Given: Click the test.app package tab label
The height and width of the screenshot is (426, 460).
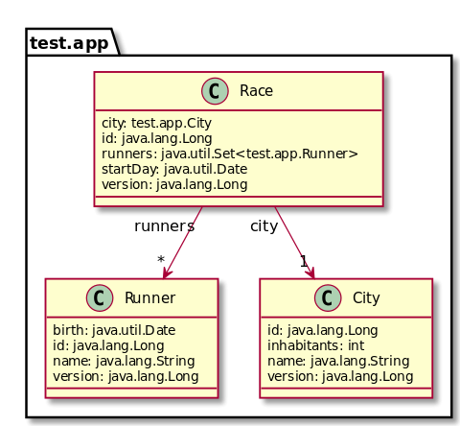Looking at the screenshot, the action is [69, 43].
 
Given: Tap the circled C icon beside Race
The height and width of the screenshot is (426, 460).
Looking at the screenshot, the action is [215, 91].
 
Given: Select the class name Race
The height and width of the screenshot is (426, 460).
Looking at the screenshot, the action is [256, 91].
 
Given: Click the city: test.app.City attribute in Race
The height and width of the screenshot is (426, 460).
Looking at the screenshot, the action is [156, 123].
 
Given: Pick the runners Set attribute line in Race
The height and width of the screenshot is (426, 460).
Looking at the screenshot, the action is [230, 154].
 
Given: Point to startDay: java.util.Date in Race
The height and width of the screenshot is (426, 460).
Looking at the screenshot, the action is [174, 169].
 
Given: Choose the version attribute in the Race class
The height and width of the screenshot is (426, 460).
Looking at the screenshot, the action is [174, 184].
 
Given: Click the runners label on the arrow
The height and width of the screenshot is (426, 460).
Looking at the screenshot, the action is [164, 226].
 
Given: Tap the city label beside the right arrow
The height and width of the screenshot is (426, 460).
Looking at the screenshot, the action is [264, 226].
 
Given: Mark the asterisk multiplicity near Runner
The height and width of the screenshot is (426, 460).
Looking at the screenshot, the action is [161, 259].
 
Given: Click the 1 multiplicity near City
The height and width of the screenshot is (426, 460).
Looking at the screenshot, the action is [304, 261].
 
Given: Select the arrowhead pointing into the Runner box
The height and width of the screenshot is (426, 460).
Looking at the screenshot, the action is [167, 272].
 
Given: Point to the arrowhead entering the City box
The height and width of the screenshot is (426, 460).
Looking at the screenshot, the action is [310, 272].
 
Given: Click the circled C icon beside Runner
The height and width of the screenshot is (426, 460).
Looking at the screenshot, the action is [100, 297].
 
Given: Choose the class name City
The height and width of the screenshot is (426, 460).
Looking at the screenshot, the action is [366, 297].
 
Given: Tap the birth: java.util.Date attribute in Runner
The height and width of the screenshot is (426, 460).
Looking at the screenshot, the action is [114, 330].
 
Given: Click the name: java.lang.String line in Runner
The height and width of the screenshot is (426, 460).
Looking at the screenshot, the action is [124, 361].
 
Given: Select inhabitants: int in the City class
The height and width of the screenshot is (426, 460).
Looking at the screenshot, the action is [315, 345].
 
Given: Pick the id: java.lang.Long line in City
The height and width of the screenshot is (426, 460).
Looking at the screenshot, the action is [323, 330].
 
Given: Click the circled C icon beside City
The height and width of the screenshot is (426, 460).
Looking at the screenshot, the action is [328, 297].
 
